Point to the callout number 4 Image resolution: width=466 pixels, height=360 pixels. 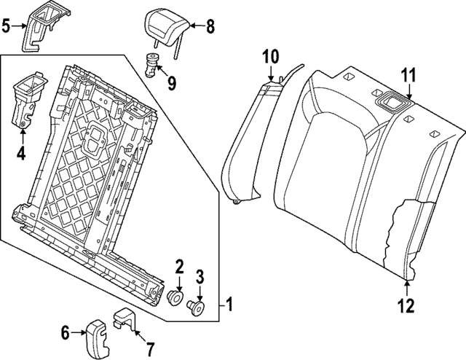tap(21, 154)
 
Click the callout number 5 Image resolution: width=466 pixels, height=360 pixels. tap(7, 28)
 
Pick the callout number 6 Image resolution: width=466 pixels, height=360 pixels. tap(65, 334)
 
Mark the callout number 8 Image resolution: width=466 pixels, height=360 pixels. tap(210, 28)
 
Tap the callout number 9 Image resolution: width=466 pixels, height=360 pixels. tap(172, 82)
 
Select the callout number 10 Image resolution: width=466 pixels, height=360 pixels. tap(270, 55)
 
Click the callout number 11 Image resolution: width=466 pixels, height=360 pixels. tap(408, 74)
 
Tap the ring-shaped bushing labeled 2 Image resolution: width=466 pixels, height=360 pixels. tap(175, 298)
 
